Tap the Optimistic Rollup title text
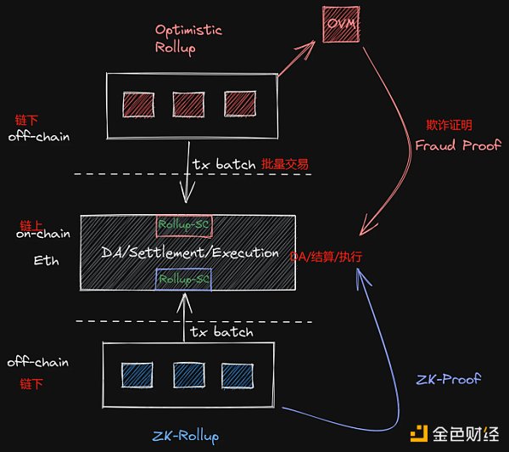tap(188, 37)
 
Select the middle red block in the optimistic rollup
tap(187, 105)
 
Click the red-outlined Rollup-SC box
tap(184, 225)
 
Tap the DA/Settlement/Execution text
tap(190, 252)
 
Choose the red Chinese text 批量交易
tap(285, 164)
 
